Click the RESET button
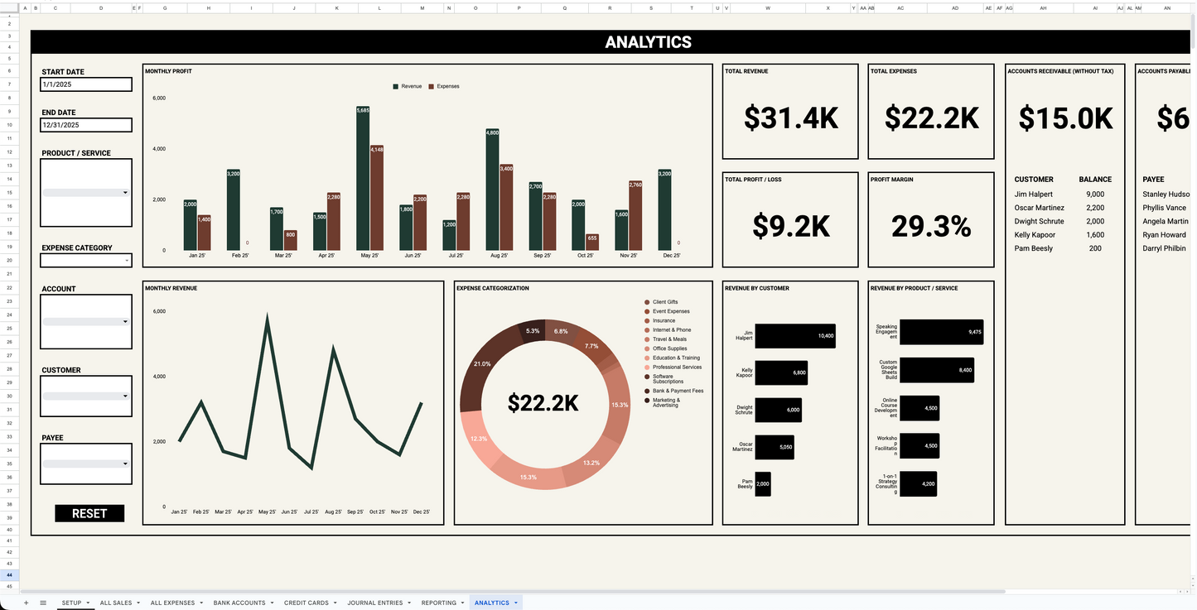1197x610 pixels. (x=89, y=513)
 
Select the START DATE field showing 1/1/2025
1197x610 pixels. (x=86, y=84)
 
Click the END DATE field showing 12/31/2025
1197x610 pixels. (x=86, y=125)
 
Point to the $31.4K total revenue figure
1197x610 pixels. (x=790, y=118)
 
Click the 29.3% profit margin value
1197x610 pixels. (x=931, y=226)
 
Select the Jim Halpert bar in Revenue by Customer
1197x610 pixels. (x=794, y=336)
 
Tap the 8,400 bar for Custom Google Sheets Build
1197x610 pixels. (x=936, y=370)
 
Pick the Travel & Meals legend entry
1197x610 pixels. (x=669, y=339)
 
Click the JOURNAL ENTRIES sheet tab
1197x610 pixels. (x=374, y=603)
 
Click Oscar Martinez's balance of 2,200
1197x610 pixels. (x=1095, y=208)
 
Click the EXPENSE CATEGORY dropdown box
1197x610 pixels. (x=86, y=261)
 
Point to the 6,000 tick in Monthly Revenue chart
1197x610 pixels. (x=159, y=311)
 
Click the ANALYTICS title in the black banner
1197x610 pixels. (x=648, y=42)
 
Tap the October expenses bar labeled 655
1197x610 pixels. (x=591, y=242)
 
